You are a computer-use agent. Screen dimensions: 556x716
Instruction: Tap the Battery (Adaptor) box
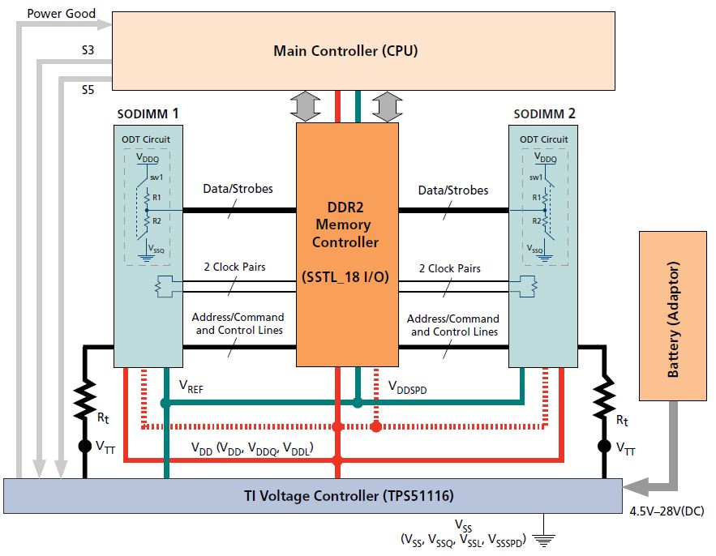point(672,316)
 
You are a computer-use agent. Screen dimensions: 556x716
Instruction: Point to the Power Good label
point(62,14)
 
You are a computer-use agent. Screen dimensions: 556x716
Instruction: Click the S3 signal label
point(88,50)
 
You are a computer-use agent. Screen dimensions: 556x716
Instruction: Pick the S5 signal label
point(88,88)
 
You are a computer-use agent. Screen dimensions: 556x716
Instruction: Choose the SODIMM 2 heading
point(544,113)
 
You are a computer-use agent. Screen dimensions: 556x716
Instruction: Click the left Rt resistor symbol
point(84,397)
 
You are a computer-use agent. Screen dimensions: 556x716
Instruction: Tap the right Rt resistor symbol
point(603,397)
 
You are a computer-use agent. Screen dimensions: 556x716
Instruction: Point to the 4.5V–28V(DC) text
point(667,511)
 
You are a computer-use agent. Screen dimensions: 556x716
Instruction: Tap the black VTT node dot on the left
point(84,446)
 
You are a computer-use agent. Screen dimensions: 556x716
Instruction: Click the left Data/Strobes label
point(238,190)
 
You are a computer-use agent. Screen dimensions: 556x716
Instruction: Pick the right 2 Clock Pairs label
point(449,268)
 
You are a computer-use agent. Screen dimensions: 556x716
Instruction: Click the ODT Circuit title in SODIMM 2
point(543,139)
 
